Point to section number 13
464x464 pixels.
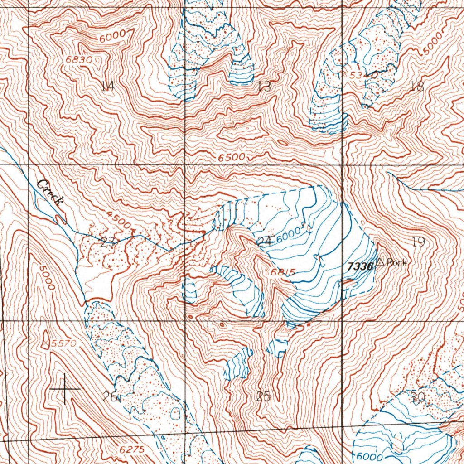264,86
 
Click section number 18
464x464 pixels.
416,86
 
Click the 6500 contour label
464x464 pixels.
232,157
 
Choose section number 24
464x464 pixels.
264,241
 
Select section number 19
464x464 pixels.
418,242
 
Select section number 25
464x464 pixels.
263,396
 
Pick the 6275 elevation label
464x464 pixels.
132,449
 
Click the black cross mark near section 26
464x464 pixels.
65,389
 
